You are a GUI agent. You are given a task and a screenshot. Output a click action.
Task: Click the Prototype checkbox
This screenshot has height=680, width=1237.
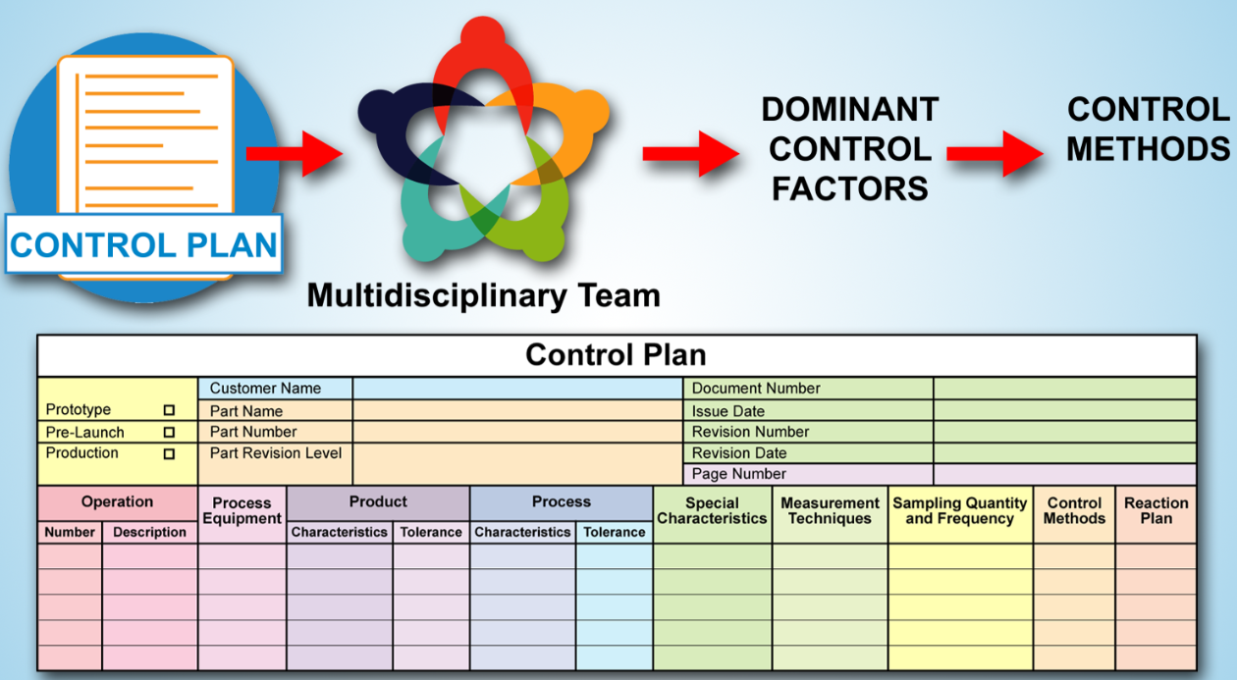(x=169, y=410)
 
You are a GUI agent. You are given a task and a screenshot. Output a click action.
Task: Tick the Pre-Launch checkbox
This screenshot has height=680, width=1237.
(x=169, y=432)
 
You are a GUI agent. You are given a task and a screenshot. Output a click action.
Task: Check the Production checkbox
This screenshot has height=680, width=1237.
(x=169, y=454)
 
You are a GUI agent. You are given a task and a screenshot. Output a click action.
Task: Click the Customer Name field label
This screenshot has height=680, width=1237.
(x=265, y=389)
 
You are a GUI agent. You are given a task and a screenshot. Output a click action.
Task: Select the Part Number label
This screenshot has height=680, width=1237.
(x=253, y=432)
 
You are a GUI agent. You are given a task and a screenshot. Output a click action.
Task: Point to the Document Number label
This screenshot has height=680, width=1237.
(x=756, y=389)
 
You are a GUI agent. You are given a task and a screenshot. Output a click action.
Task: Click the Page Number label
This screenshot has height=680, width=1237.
(x=739, y=474)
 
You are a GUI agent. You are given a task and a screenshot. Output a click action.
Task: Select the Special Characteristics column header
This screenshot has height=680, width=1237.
(x=712, y=511)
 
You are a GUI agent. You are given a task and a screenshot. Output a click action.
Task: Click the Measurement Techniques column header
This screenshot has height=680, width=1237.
(x=830, y=511)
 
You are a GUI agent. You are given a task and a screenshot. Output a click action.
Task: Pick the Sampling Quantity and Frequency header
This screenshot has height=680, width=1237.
(x=959, y=511)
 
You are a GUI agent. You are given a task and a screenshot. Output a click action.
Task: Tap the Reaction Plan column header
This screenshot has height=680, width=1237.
(x=1156, y=511)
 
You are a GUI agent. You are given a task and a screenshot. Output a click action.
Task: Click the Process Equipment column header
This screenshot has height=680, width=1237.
(x=242, y=511)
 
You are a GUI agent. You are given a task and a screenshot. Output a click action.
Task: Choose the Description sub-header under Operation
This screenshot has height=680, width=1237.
(x=149, y=533)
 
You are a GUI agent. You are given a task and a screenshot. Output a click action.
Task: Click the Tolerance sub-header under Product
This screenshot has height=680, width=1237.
(x=431, y=533)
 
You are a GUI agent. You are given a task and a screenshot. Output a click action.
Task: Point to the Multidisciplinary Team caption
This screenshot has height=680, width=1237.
(x=483, y=294)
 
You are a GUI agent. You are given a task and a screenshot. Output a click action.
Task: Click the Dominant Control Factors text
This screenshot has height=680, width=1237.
(x=850, y=149)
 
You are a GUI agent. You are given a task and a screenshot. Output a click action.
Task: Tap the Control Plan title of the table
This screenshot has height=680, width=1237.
(x=616, y=354)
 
